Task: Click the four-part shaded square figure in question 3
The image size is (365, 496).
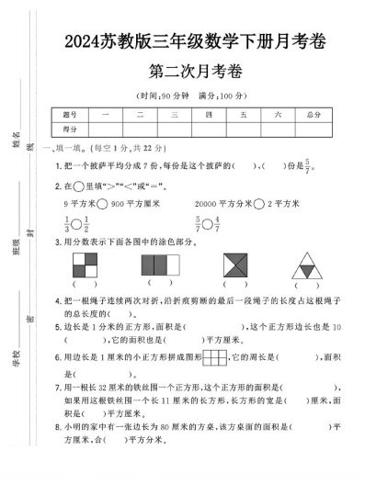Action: (84, 265)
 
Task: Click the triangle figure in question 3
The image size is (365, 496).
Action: (307, 265)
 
